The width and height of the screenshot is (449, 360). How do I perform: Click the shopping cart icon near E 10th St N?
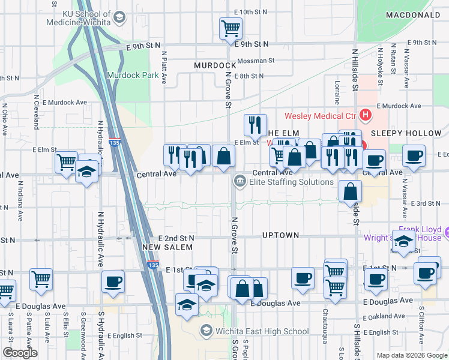pyautogui.click(x=231, y=28)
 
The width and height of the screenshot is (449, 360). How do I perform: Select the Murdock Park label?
pyautogui.click(x=133, y=75)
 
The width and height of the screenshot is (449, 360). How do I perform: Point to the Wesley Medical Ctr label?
pyautogui.click(x=321, y=116)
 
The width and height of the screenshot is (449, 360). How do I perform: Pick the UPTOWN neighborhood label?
pyautogui.click(x=280, y=235)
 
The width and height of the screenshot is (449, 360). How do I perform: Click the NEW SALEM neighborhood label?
pyautogui.click(x=168, y=247)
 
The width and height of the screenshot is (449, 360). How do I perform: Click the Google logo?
pyautogui.click(x=20, y=353)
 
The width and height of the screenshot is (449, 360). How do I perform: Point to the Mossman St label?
pyautogui.click(x=255, y=61)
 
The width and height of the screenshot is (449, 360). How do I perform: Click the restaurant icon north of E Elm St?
pyautogui.click(x=255, y=125)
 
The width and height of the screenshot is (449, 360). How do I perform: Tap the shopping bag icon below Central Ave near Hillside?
pyautogui.click(x=350, y=191)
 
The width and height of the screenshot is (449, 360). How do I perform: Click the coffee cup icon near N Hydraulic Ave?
pyautogui.click(x=112, y=282)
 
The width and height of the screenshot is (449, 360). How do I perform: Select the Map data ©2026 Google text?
pyautogui.click(x=411, y=355)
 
